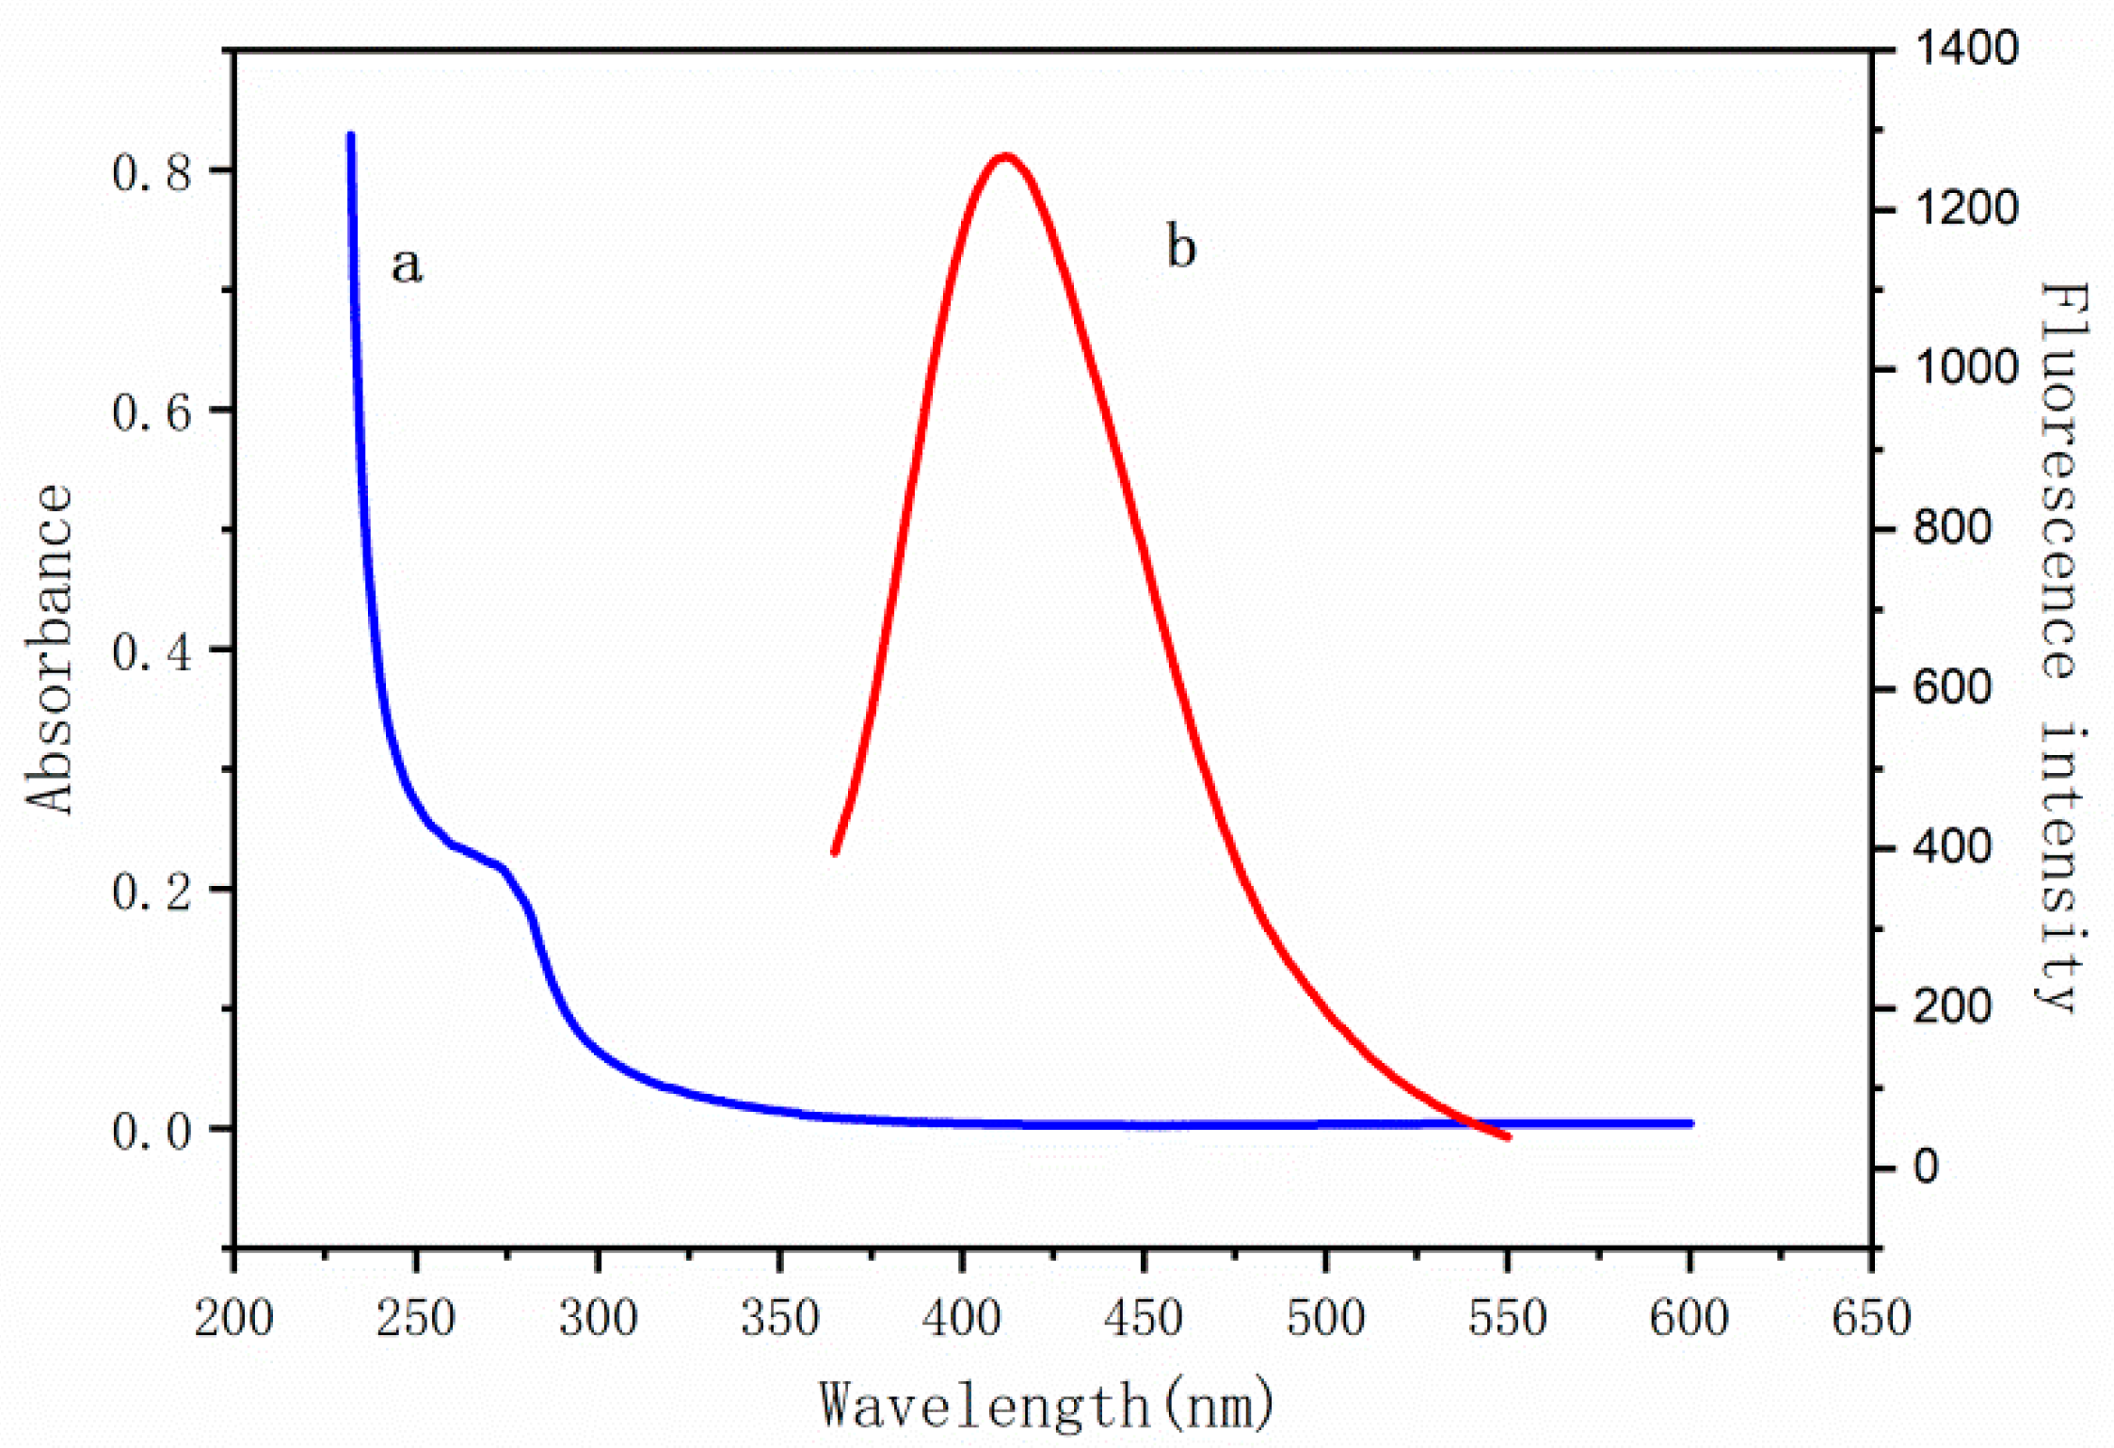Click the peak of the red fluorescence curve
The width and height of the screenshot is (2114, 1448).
tap(1005, 156)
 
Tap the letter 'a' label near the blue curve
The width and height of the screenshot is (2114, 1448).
tap(407, 265)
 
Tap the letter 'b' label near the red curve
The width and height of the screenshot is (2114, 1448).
tap(1180, 248)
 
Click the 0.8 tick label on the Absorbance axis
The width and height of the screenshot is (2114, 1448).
tap(152, 173)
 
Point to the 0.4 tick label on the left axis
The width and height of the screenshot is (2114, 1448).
tap(152, 652)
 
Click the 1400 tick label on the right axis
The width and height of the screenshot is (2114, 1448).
tap(1965, 48)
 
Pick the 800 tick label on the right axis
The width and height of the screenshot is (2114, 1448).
tap(1952, 528)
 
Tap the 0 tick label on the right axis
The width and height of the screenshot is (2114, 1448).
tap(1926, 1167)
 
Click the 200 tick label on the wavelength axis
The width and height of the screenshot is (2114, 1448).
tap(233, 1318)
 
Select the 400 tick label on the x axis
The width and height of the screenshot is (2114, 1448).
tap(961, 1318)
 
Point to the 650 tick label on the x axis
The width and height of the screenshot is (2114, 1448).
tap(1870, 1318)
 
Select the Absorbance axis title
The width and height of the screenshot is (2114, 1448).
tap(49, 649)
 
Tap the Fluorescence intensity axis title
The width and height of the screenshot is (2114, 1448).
tap(2063, 649)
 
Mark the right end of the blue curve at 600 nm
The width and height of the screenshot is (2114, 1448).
tap(1690, 1123)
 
